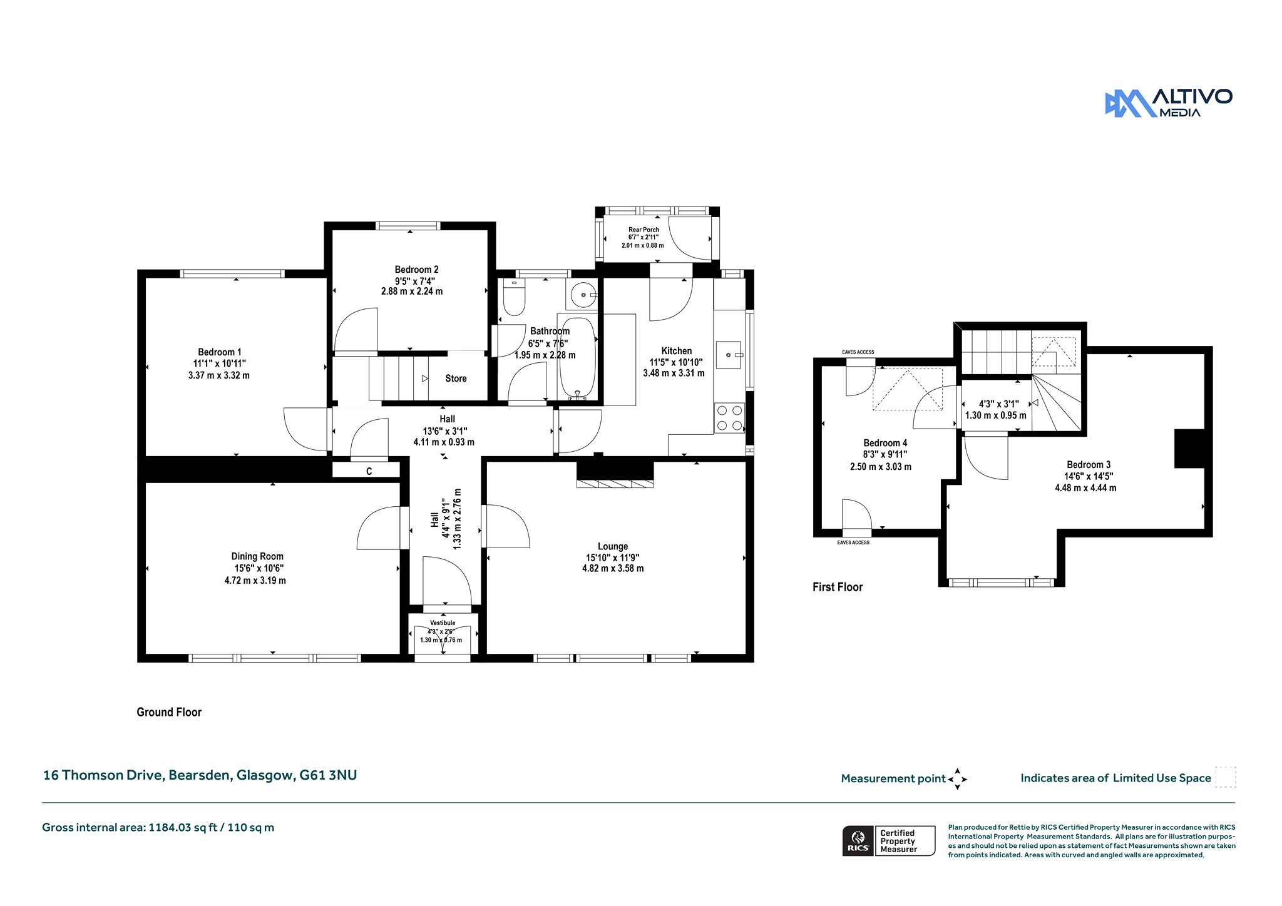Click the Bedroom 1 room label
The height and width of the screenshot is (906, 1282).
pos(220,352)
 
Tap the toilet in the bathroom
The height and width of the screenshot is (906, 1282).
pos(514,297)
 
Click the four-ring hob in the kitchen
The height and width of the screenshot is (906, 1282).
pos(729,418)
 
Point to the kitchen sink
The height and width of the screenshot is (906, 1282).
pos(729,355)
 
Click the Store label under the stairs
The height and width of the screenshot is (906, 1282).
pos(456,379)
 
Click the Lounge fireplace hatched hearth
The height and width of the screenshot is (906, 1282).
pos(615,483)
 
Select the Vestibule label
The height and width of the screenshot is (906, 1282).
pos(443,623)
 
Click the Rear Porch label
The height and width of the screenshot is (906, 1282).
pos(644,230)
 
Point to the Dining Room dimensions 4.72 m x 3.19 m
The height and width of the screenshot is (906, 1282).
pos(255,581)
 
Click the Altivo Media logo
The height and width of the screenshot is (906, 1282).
pos(1168,103)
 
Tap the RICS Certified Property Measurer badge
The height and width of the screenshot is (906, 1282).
pos(888,840)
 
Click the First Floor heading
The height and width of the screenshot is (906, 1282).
pos(838,587)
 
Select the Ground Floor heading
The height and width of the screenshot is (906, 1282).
pos(169,712)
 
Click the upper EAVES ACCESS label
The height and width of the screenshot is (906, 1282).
pos(858,352)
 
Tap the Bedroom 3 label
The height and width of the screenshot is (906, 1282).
pos(1089,465)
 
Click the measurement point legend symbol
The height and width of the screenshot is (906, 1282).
pos(957,779)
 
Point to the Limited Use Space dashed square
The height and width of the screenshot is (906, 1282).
pos(1226,777)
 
